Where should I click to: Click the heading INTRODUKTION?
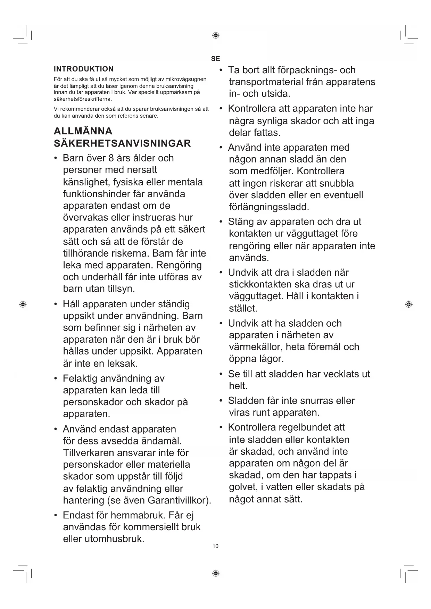pyautogui.click(x=84, y=69)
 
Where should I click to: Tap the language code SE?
pyautogui.click(x=215, y=59)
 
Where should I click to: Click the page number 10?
pyautogui.click(x=215, y=546)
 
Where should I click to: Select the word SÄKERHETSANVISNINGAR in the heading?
pyautogui.click(x=122, y=143)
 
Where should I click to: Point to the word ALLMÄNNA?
pyautogui.click(x=83, y=131)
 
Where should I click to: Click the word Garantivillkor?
pyautogui.click(x=178, y=500)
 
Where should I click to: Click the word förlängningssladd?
pyautogui.click(x=269, y=207)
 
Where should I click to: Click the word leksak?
pyautogui.click(x=122, y=364)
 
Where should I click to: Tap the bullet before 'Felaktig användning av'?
pyautogui.click(x=56, y=378)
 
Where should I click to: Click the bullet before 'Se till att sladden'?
pyautogui.click(x=221, y=374)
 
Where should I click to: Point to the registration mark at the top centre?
pyautogui.click(x=215, y=35)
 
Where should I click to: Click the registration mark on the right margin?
pyautogui.click(x=409, y=304)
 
